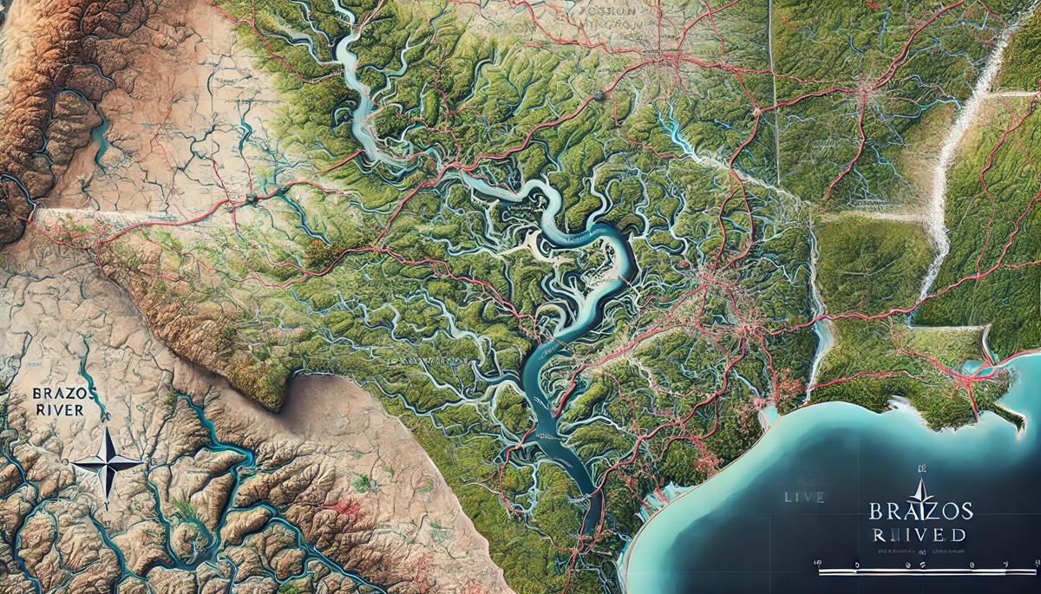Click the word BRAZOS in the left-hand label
(x=56, y=393)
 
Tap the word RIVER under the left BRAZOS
(x=57, y=409)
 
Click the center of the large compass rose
(x=108, y=465)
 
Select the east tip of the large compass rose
(x=144, y=465)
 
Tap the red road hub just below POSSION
(x=666, y=59)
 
